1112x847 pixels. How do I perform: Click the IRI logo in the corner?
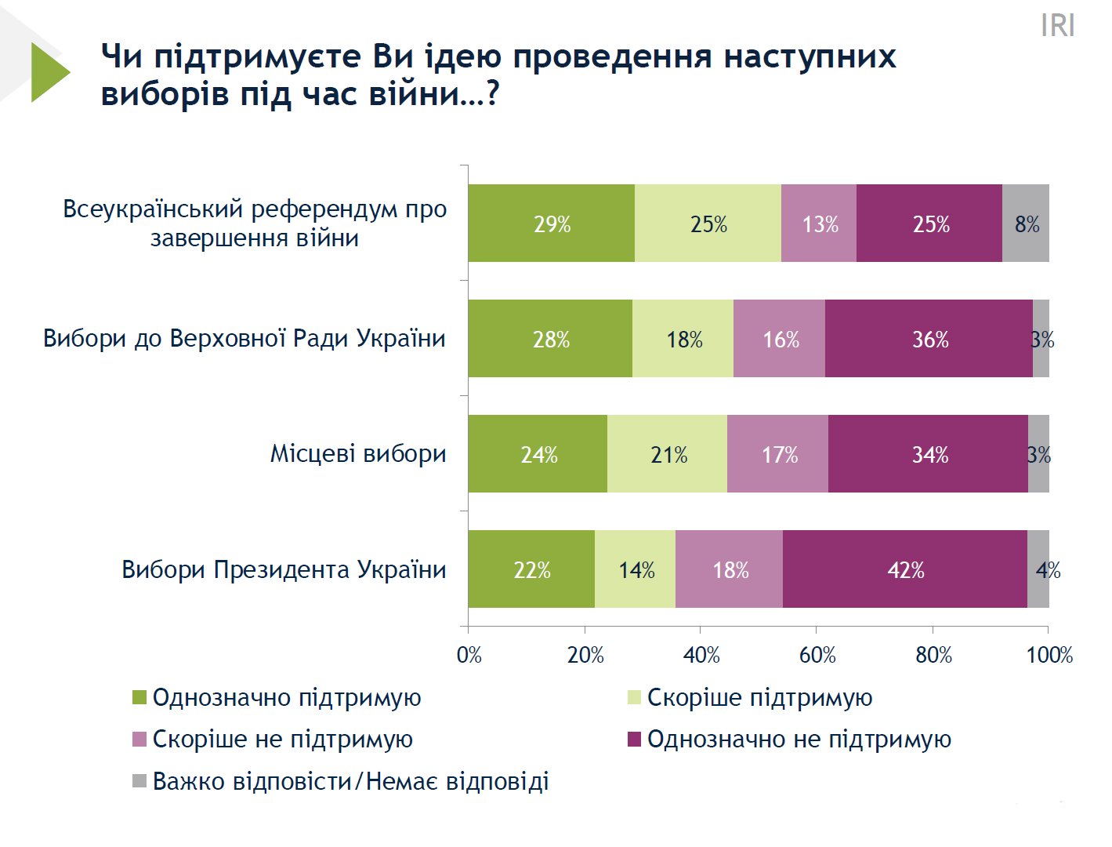[x=1057, y=25]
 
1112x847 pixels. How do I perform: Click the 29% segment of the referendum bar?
[x=552, y=224]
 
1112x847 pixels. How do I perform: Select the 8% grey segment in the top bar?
[x=1026, y=224]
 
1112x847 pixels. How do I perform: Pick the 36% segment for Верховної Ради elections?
[x=929, y=339]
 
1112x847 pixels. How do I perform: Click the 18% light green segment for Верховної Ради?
[x=683, y=339]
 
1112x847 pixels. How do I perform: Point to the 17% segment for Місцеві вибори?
[x=778, y=454]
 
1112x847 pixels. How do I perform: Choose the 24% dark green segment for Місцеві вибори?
[x=538, y=454]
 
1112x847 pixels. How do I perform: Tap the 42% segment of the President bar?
[x=905, y=569]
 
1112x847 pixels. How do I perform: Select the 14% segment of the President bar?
[x=636, y=569]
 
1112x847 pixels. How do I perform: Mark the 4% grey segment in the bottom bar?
[x=1038, y=569]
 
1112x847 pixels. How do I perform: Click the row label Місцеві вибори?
[x=358, y=453]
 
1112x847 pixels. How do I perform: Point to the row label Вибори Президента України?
[x=284, y=569]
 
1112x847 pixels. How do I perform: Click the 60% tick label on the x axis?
[x=817, y=655]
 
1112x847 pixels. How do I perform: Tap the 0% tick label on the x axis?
[x=469, y=655]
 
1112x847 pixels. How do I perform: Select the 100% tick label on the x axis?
[x=1049, y=655]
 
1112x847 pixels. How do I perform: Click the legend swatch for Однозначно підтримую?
[x=139, y=697]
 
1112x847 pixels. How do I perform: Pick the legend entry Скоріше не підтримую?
[x=282, y=739]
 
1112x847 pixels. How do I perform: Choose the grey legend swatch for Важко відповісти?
[x=139, y=781]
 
